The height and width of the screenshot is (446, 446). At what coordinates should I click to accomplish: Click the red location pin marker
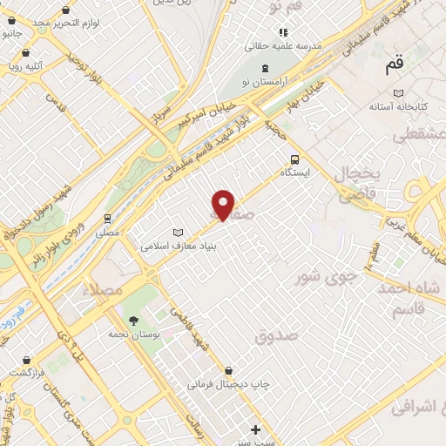[223, 204]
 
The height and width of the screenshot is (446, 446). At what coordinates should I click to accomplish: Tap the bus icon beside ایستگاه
[294, 159]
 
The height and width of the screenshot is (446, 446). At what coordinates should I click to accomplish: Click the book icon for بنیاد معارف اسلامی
[179, 233]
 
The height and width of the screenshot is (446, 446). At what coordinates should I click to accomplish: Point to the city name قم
[395, 66]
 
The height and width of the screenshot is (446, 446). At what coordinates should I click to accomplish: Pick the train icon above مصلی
[107, 218]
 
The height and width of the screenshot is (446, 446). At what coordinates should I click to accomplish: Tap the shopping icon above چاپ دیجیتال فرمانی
[228, 369]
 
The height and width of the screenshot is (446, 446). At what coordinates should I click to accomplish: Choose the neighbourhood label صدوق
[277, 334]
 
